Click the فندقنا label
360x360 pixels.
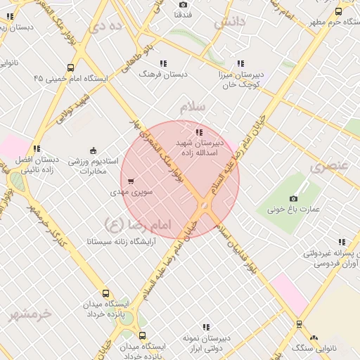[x=183, y=15]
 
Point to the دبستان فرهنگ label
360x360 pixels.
[x=164, y=73]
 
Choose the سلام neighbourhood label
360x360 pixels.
[x=192, y=108]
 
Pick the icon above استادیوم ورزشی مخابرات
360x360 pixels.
[x=93, y=150]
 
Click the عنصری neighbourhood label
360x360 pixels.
[x=328, y=167]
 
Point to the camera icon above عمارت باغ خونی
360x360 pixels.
[x=293, y=198]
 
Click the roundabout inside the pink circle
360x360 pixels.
[x=204, y=205]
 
